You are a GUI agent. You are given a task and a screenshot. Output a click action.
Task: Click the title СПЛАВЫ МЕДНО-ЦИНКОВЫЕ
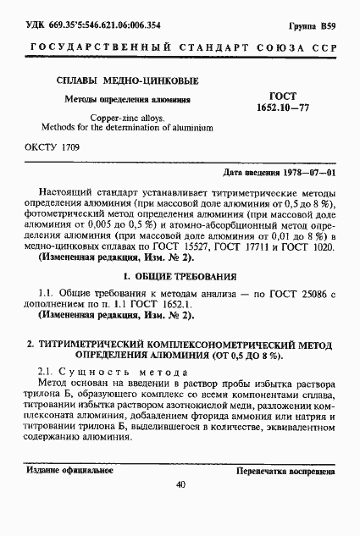pyautogui.click(x=116, y=82)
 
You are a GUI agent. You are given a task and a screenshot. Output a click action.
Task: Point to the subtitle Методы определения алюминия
pyautogui.click(x=116, y=100)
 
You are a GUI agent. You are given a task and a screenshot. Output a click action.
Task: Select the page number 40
pyautogui.click(x=180, y=485)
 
